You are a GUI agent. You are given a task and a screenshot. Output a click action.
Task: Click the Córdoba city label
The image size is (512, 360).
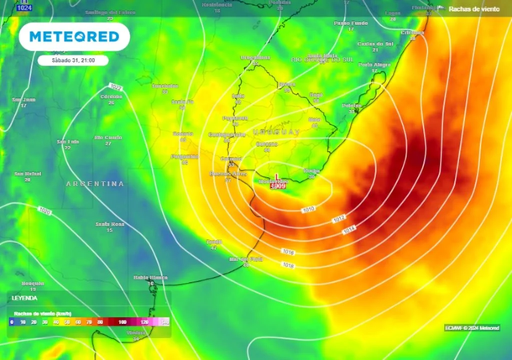pos(111,97)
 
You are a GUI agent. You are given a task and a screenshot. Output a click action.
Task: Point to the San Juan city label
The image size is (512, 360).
pos(24,100)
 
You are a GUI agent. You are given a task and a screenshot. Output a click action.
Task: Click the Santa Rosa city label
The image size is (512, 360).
pos(110,224)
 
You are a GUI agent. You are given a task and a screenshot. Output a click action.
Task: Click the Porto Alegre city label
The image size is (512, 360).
pos(375,64)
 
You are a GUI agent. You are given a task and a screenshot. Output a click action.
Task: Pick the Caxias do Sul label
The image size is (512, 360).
pos(375,43)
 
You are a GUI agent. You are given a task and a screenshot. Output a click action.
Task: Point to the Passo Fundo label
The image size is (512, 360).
pos(351,23)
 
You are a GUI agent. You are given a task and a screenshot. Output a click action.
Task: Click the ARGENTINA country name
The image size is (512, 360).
pos(95,183)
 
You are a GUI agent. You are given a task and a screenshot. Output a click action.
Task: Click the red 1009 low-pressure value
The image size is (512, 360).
pos(279,186)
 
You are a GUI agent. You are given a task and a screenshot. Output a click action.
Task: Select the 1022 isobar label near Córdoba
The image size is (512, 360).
pos(115,86)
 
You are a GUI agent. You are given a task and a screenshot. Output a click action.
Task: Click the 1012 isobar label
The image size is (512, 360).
pos(338,219)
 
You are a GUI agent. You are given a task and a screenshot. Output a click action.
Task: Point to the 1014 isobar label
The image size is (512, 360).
pos(349,228)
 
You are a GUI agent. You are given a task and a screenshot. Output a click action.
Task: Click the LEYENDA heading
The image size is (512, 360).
pos(24,297)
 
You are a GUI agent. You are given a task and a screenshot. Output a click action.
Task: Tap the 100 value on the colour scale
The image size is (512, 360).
pos(122,321)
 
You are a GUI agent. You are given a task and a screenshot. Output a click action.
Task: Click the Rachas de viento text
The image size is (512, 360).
pos(475,8)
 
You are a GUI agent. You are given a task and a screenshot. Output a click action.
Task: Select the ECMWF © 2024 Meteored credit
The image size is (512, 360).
pos(472,327)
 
